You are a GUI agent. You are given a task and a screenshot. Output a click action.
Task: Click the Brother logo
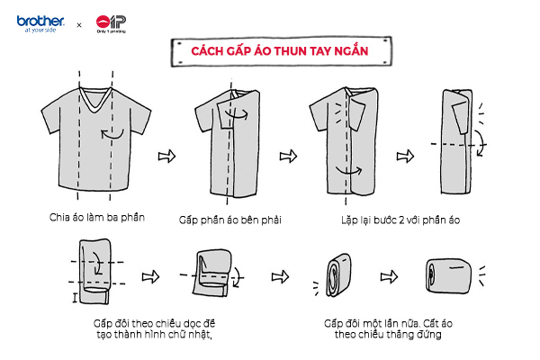(x=39, y=22)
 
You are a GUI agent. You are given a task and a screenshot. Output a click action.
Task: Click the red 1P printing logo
(x=110, y=22)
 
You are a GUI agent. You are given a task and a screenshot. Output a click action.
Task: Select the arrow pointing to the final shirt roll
(x=390, y=274)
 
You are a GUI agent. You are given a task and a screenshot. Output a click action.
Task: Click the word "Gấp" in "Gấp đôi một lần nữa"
(x=333, y=322)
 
